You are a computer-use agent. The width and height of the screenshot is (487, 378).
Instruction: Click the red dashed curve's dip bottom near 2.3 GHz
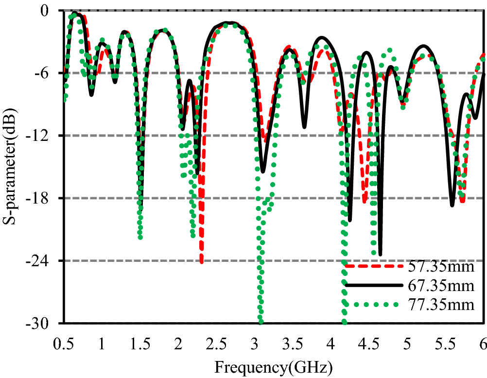tap(201, 262)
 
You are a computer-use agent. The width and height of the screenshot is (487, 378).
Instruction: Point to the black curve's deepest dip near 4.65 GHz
tap(380, 254)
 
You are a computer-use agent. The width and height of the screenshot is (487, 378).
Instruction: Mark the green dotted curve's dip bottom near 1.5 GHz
tap(140, 237)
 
